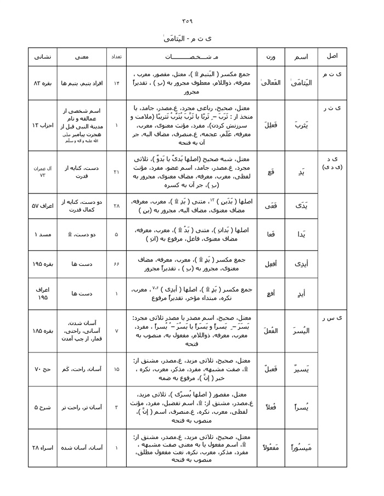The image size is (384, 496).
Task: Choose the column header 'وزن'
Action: (x=271, y=56)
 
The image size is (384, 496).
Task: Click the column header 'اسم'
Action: (x=301, y=56)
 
